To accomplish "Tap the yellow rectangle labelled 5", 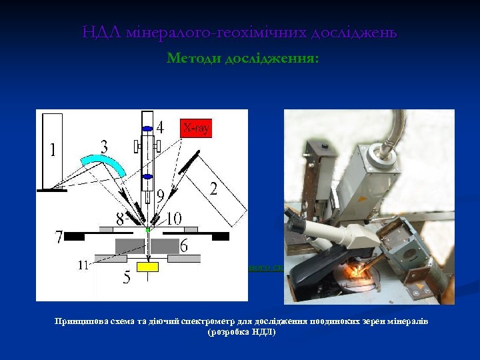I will click(147, 267).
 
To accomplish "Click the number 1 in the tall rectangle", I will click(53, 150).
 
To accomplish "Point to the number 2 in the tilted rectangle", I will click(213, 189).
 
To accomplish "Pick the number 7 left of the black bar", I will click(60, 237).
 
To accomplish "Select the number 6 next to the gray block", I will click(183, 247).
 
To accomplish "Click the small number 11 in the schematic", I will click(82, 265).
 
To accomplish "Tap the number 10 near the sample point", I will click(173, 217).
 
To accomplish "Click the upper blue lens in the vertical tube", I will click(148, 129).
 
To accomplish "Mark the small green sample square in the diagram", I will click(147, 229).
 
